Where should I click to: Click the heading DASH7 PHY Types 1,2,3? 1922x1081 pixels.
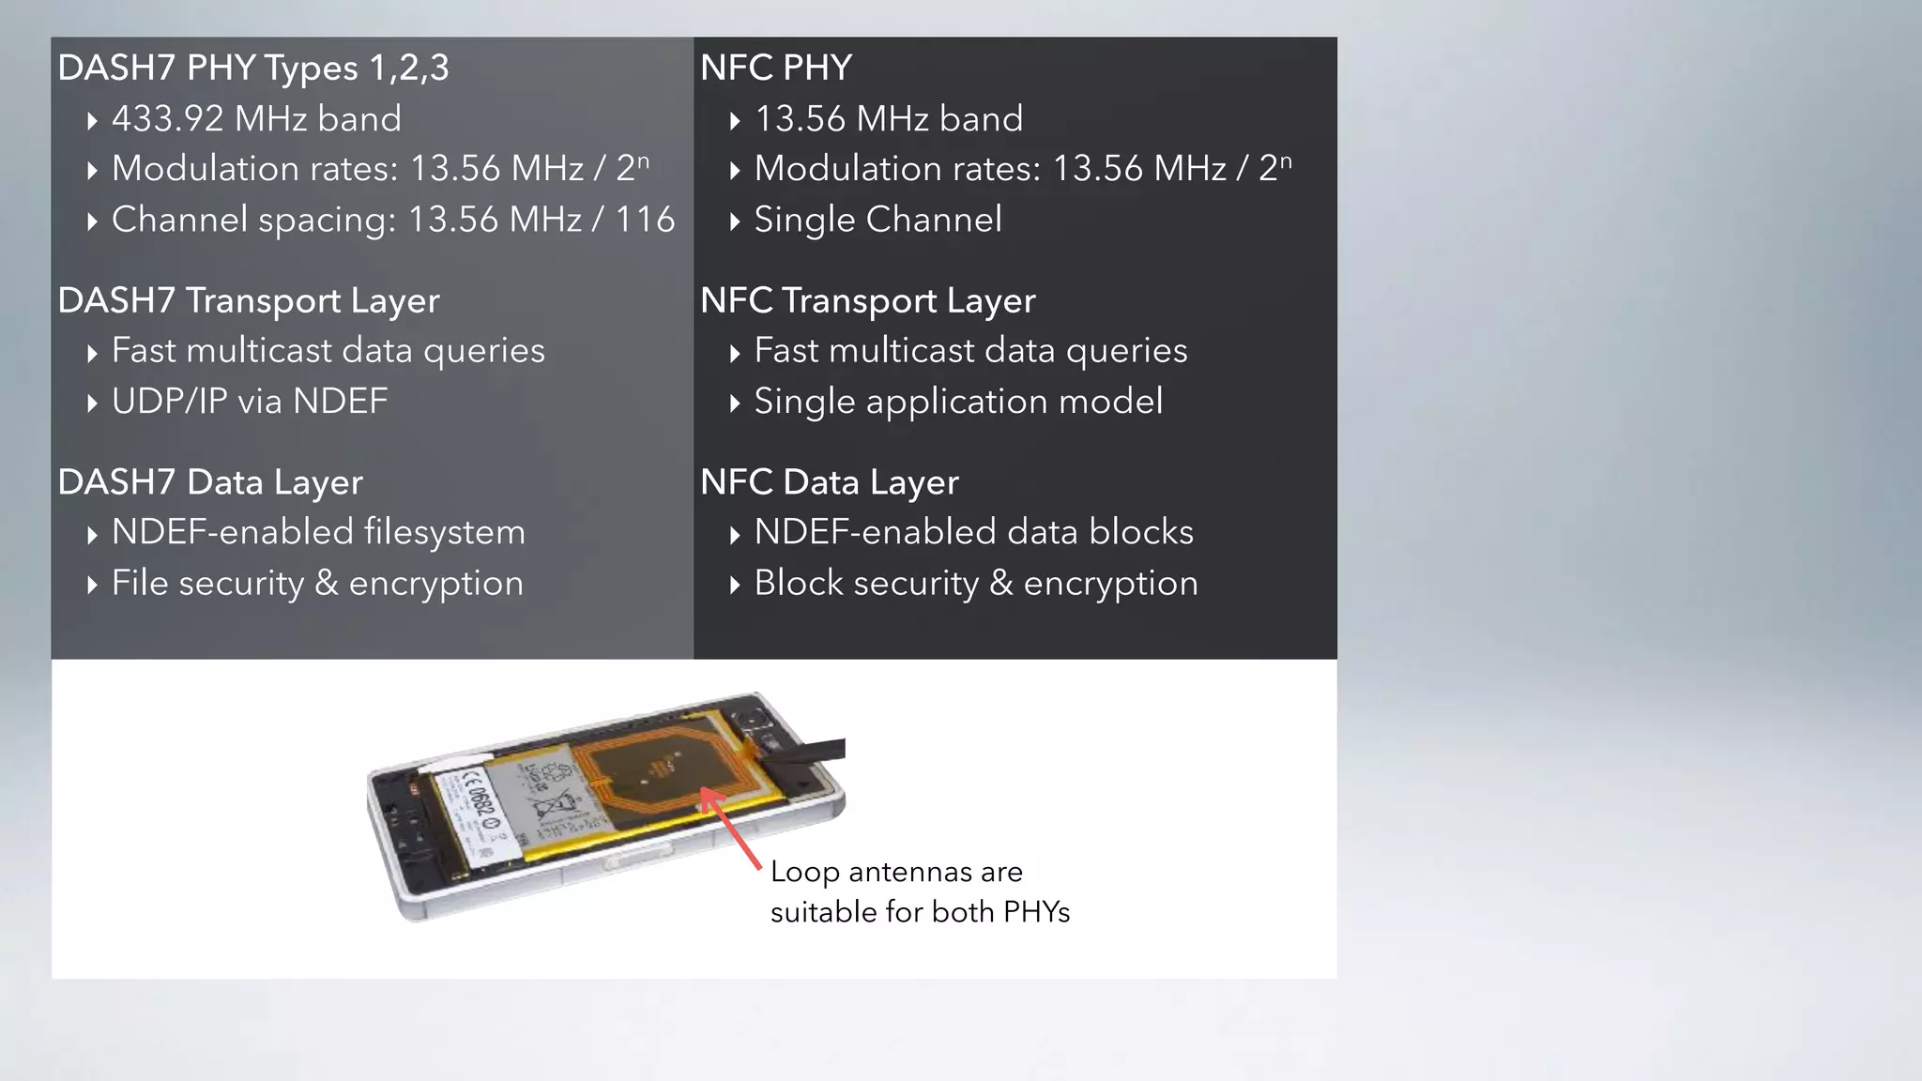(253, 69)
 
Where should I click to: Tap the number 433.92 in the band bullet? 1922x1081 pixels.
(168, 119)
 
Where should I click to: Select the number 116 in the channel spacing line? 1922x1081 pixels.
(645, 220)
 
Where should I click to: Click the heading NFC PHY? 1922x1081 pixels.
(776, 69)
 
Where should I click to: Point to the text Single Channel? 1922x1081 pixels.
(877, 220)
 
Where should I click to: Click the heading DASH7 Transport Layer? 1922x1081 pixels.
(249, 301)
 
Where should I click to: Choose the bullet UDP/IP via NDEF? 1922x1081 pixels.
(249, 402)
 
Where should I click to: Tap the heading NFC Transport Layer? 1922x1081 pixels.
(867, 301)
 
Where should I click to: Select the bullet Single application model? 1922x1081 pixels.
(958, 402)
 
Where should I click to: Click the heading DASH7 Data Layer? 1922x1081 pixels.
(210, 482)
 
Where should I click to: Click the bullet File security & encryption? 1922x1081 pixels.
(317, 583)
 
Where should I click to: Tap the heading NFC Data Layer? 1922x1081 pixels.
(830, 482)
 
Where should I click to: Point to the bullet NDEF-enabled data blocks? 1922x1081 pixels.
(973, 532)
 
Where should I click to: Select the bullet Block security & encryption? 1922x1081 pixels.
(976, 583)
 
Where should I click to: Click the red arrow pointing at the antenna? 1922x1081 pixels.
(731, 829)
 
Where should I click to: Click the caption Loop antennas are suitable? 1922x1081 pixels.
(919, 891)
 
